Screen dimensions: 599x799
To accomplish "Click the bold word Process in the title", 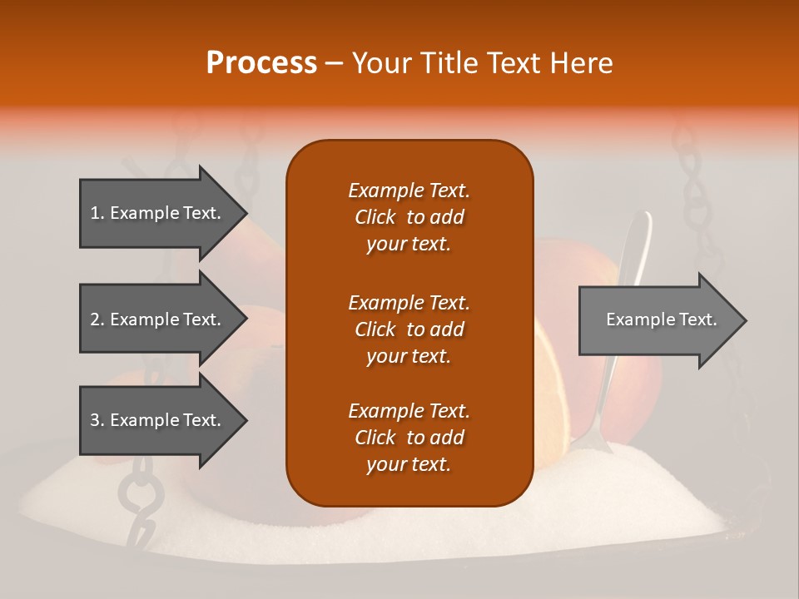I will [261, 62].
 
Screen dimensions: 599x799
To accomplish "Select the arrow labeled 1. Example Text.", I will [158, 213].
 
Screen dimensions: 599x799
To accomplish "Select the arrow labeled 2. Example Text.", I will [158, 319].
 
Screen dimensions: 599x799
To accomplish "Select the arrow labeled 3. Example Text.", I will [158, 420].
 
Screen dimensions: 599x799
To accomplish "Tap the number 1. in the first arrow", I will [97, 213].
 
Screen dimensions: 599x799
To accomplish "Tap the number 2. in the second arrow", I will [97, 319].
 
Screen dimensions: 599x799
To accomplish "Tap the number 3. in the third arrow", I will [97, 420].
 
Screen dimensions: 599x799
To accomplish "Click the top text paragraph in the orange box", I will [409, 217].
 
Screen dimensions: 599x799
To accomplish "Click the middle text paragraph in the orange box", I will [409, 329].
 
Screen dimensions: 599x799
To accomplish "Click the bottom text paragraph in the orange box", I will [409, 438].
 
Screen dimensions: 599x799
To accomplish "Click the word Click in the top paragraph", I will [375, 218].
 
